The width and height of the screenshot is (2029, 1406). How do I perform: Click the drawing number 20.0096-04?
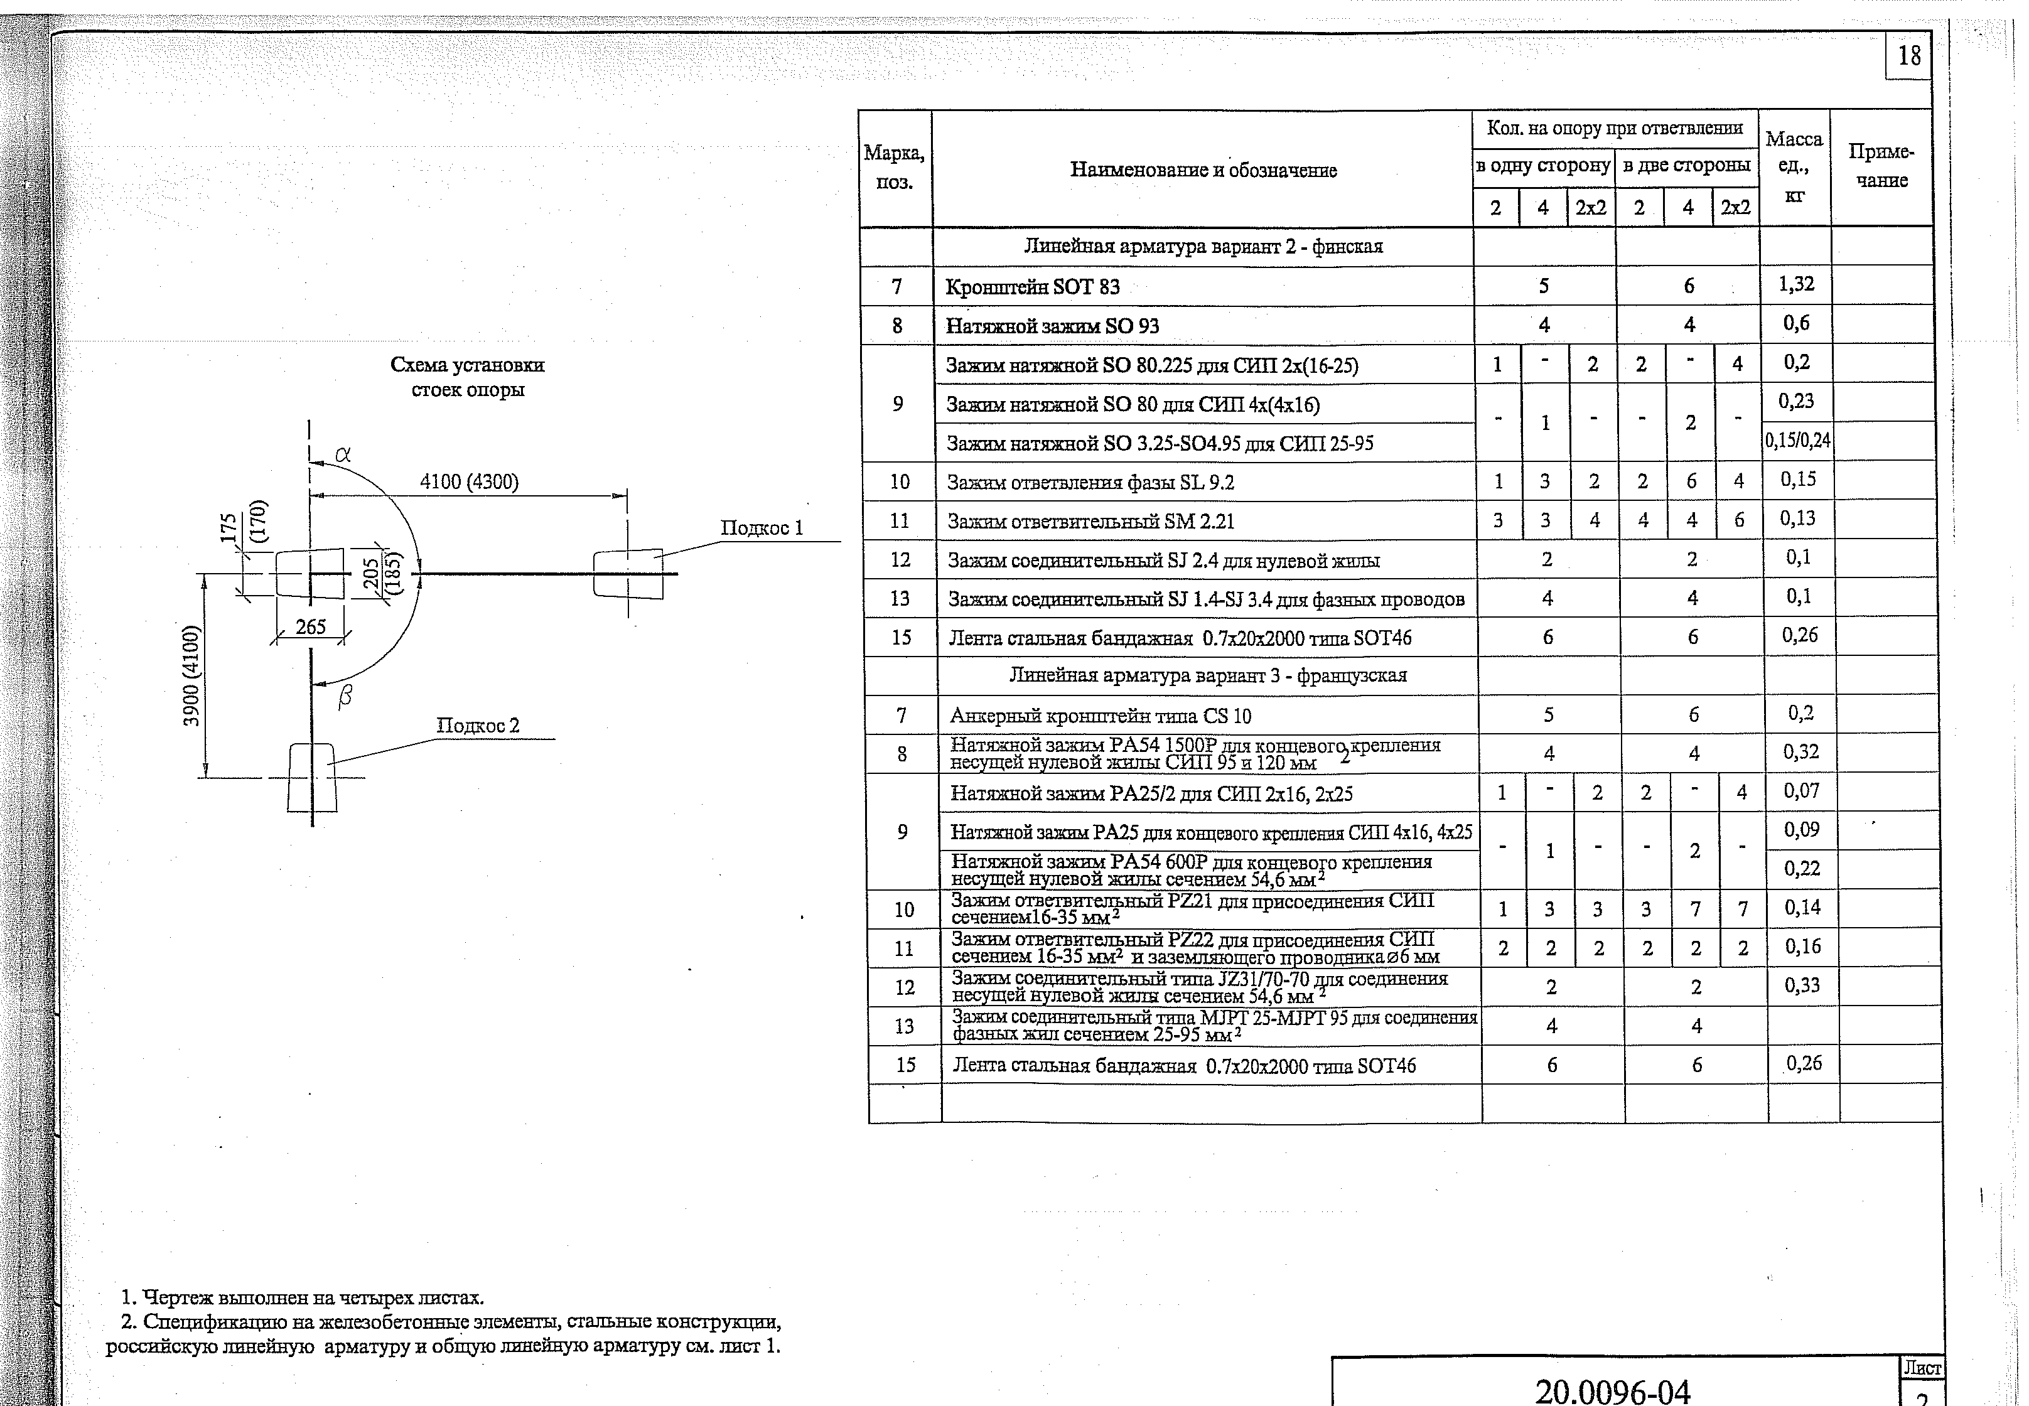point(1612,1391)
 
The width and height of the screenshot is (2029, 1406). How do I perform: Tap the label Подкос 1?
point(762,528)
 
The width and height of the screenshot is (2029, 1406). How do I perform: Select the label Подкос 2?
point(478,725)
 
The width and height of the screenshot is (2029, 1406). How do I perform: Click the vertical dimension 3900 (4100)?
point(191,675)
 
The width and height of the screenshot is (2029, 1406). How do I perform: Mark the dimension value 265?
point(310,626)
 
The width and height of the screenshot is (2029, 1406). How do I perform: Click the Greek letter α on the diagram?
point(343,454)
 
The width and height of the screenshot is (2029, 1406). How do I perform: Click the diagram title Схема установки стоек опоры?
point(467,376)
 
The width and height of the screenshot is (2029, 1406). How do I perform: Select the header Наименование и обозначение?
point(1203,170)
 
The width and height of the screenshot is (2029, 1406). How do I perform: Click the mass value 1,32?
point(1795,284)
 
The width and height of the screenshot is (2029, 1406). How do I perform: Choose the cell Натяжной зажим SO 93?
point(1052,326)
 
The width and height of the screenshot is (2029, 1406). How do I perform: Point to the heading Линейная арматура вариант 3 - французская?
point(1207,675)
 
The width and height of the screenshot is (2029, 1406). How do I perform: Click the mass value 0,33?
point(1802,985)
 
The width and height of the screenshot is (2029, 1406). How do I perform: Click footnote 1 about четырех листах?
point(302,1297)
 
